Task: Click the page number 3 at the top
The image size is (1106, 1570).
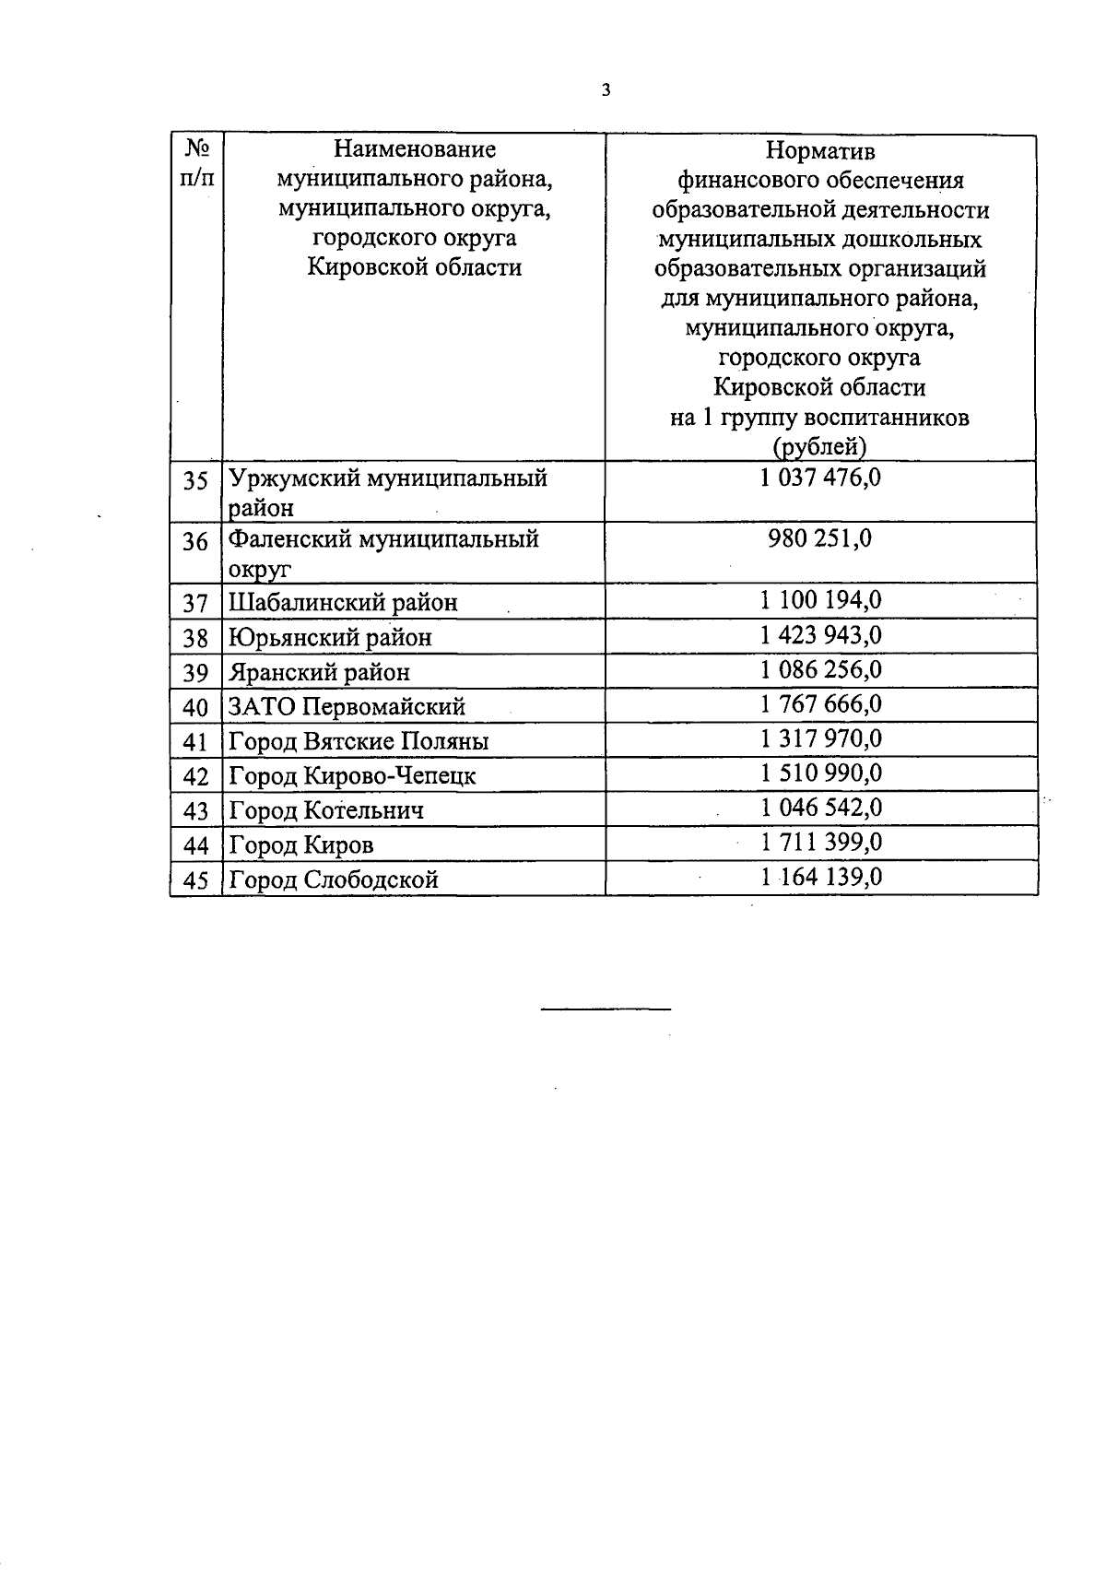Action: [x=606, y=90]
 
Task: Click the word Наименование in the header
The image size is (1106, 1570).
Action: [x=414, y=149]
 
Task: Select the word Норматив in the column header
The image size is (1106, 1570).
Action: [x=820, y=150]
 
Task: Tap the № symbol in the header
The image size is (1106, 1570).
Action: [x=196, y=148]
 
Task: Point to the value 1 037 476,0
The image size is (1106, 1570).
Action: [x=820, y=478]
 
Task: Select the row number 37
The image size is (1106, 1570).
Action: [x=195, y=604]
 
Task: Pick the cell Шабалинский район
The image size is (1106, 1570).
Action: [x=343, y=603]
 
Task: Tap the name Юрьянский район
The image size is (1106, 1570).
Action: [x=330, y=638]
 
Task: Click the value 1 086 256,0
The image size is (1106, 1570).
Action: [x=820, y=670]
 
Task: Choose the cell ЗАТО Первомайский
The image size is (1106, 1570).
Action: [x=347, y=708]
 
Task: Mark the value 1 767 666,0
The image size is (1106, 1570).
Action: [x=820, y=705]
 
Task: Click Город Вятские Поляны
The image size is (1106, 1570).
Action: [x=359, y=742]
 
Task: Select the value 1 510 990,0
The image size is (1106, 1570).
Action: [x=820, y=773]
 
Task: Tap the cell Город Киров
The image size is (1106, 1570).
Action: [x=301, y=845]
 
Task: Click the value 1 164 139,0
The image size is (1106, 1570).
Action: [x=820, y=877]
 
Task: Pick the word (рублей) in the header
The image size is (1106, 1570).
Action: [x=819, y=447]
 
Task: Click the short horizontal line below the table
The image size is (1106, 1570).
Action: [x=606, y=1009]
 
